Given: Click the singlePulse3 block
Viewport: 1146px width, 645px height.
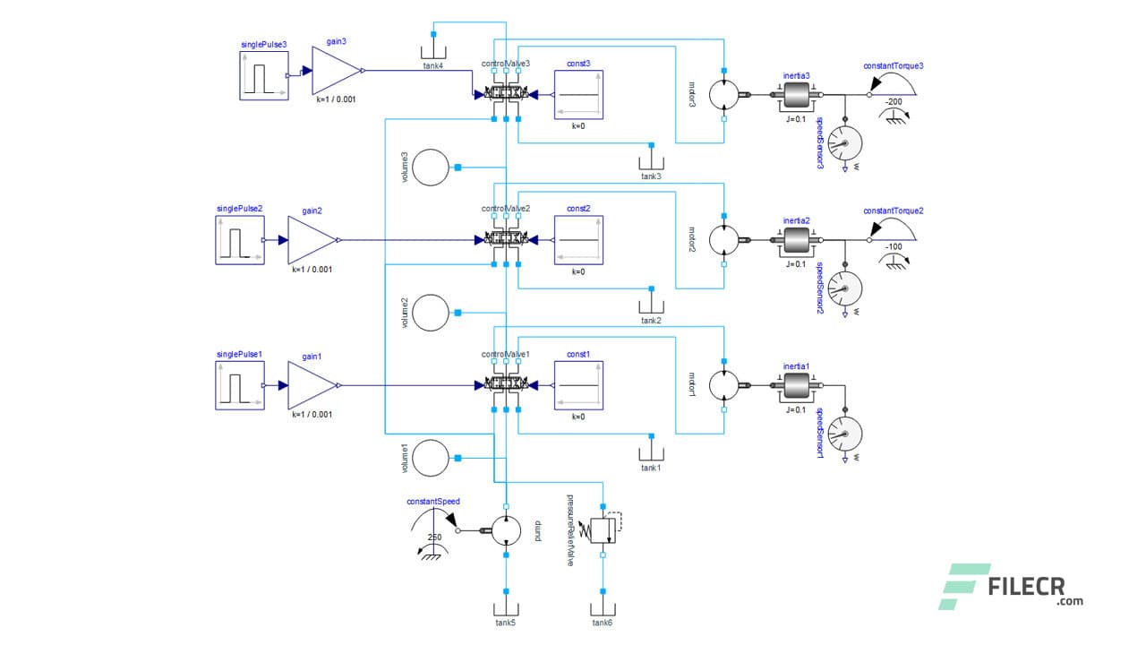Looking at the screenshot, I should coord(264,75).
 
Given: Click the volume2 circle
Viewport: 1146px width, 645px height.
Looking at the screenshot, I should coord(432,312).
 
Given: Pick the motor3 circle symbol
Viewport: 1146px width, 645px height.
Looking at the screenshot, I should coord(724,94).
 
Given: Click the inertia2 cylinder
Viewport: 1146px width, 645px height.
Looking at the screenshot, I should coord(796,240).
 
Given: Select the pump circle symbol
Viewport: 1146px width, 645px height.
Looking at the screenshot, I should coord(506,530).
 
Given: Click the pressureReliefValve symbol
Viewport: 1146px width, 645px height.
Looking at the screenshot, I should coord(605,529).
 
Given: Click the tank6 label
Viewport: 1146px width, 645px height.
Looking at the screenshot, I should coord(603,622).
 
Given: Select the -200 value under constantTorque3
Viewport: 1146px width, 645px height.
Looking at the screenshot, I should coord(893,101).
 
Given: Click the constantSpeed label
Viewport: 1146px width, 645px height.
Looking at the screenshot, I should coord(432,502).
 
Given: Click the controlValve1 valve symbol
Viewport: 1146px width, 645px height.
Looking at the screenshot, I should coord(506,385).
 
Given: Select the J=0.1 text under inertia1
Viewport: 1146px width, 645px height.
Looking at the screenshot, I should coord(796,409).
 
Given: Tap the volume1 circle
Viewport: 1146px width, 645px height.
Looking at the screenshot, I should coord(432,458).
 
